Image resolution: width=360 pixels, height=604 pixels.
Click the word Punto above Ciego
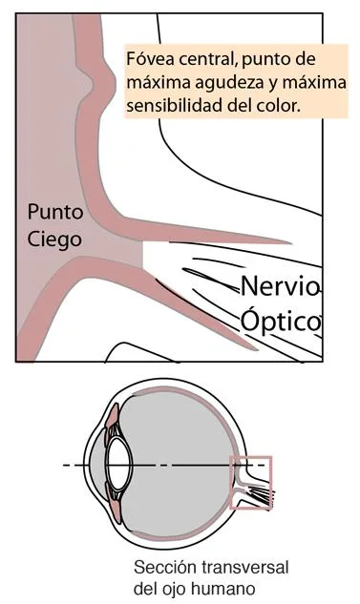pyautogui.click(x=55, y=212)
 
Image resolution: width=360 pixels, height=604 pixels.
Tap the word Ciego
pyautogui.click(x=54, y=239)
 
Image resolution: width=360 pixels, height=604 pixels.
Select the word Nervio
pyautogui.click(x=280, y=286)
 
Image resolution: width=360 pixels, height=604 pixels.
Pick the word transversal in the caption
pyautogui.click(x=244, y=568)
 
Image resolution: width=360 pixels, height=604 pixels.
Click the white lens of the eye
pyautogui.click(x=118, y=465)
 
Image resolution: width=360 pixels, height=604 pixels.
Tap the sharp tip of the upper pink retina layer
pyautogui.click(x=290, y=242)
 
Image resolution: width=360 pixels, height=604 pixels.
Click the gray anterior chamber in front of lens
pyautogui.click(x=97, y=466)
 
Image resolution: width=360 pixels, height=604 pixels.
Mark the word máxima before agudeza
pyautogui.click(x=158, y=82)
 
